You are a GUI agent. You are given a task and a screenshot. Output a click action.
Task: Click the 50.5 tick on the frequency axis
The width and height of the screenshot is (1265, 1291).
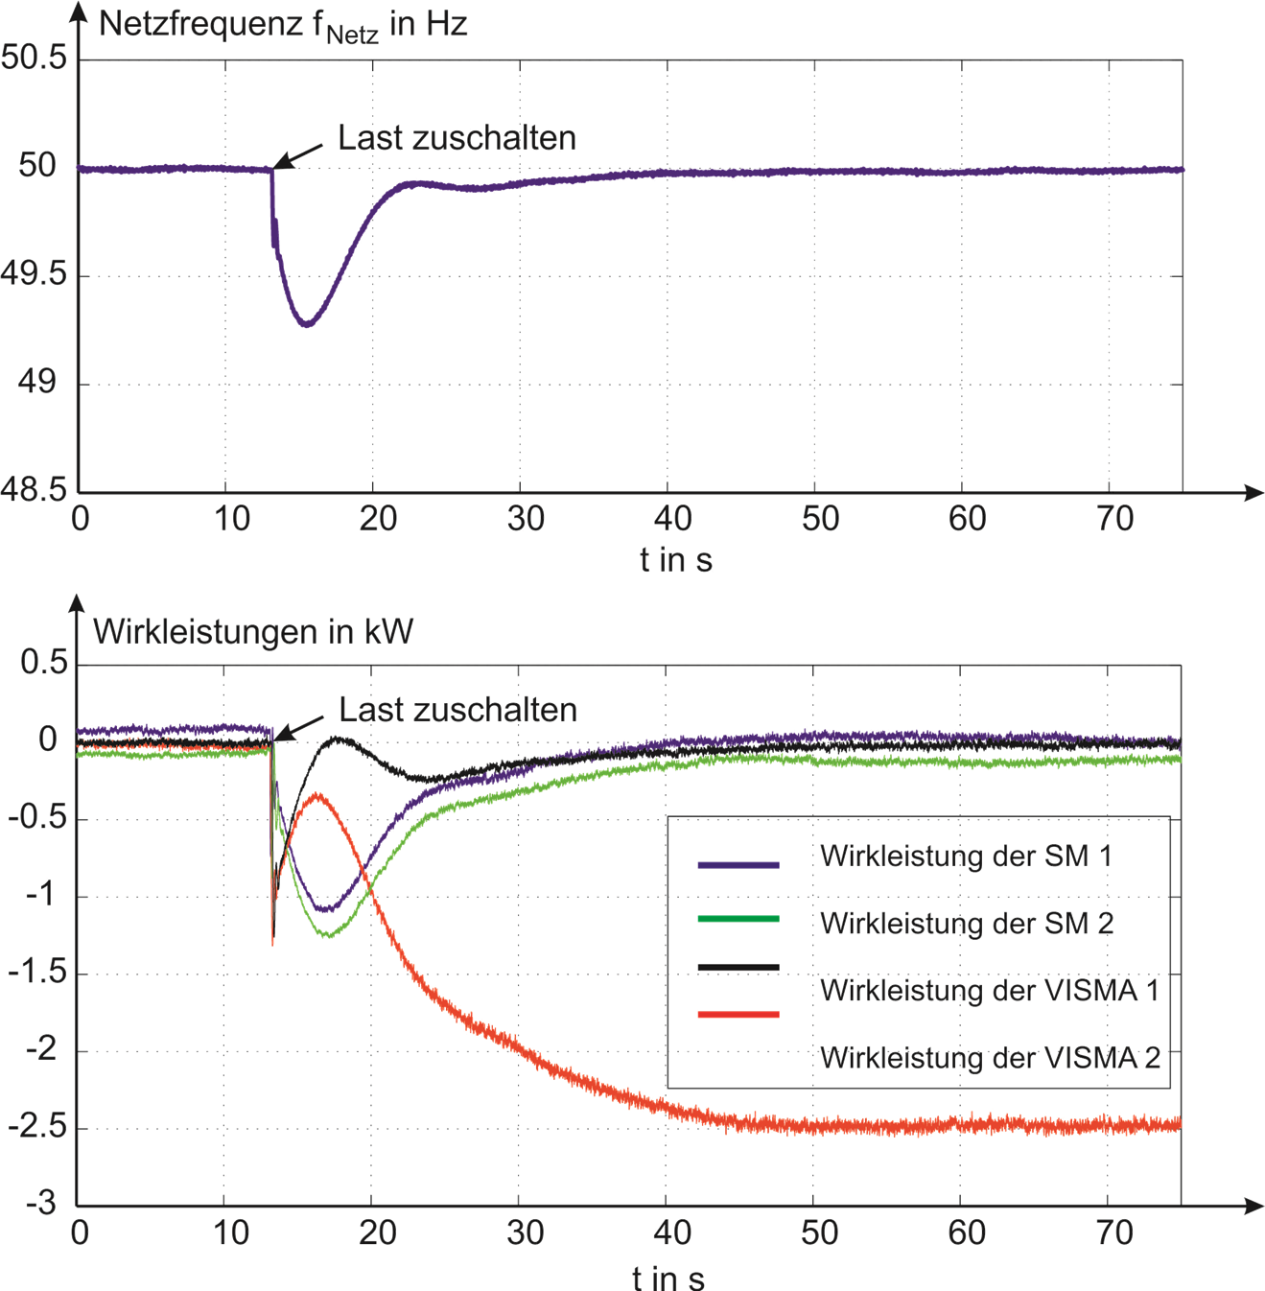(35, 58)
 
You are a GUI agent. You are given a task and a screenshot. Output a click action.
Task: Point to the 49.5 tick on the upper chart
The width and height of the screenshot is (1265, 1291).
(35, 275)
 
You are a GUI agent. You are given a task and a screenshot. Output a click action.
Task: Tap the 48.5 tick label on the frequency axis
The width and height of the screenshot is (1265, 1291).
(35, 490)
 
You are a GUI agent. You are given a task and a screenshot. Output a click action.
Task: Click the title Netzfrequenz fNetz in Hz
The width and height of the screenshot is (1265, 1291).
(283, 26)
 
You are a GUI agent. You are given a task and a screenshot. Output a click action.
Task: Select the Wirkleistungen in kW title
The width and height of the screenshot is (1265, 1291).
(253, 633)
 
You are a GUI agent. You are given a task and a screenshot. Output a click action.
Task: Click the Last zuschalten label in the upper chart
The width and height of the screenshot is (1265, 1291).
(457, 139)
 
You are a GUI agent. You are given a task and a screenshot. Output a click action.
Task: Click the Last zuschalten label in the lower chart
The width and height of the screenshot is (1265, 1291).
(457, 711)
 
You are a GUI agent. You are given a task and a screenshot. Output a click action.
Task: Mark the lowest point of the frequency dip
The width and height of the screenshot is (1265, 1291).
(306, 325)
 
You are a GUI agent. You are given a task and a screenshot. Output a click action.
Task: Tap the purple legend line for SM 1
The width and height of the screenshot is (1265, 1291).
(738, 865)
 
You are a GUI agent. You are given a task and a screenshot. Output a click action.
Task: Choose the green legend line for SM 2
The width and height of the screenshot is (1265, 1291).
(738, 919)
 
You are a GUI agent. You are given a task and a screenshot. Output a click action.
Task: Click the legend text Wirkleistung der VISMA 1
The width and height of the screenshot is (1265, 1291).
(989, 991)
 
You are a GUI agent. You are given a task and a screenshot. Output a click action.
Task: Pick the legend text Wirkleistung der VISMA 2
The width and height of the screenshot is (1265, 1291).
(990, 1059)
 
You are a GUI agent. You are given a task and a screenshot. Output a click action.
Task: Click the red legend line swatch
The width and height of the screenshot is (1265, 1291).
(738, 1013)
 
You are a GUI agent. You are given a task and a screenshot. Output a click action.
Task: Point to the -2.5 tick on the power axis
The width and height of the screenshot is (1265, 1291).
(35, 1126)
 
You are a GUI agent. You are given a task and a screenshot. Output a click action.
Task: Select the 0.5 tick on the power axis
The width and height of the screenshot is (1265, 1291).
(44, 664)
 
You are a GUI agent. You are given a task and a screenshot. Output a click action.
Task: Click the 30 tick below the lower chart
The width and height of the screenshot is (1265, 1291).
(525, 1233)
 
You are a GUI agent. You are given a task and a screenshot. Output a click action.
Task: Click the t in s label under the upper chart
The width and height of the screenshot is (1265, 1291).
(676, 560)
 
